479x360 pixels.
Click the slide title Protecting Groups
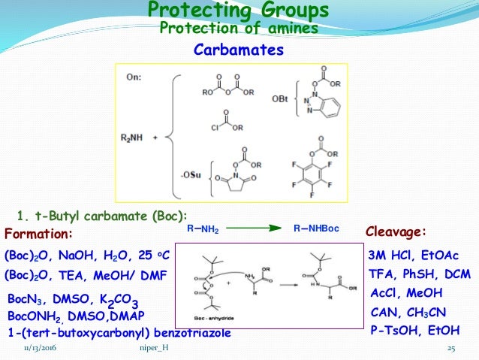pos(238,11)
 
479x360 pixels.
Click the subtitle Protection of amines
pos(239,29)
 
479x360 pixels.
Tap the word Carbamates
pos(239,50)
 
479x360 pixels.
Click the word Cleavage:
pos(396,231)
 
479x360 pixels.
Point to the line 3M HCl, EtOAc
pos(414,256)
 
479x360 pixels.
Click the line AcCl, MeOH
pos(406,292)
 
